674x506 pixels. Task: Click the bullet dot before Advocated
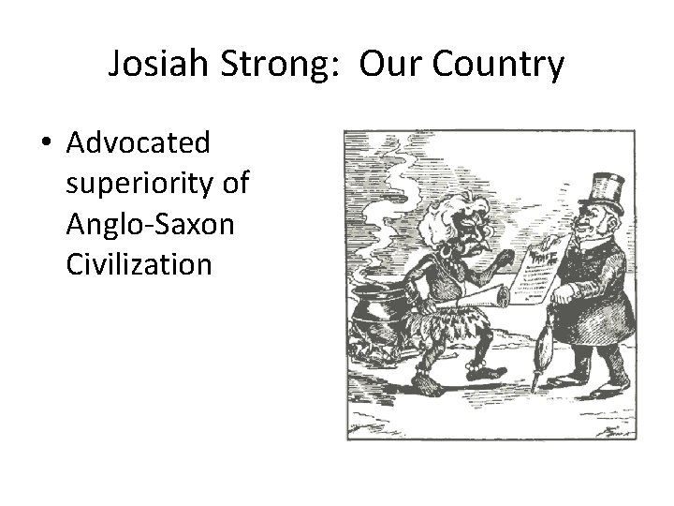tap(46, 144)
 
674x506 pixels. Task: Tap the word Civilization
tap(139, 263)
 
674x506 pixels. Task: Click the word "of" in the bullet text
tap(238, 184)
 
